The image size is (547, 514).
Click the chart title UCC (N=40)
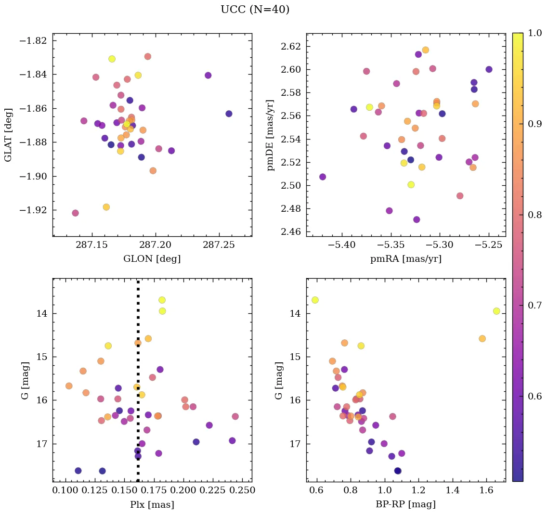pos(255,10)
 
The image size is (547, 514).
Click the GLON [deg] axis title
pos(152,259)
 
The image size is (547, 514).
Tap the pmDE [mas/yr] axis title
pos(271,135)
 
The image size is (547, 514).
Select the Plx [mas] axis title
pos(152,504)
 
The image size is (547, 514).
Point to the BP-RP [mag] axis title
pos(405,504)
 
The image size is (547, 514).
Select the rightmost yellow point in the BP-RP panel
pos(496,311)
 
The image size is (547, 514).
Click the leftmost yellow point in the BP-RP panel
pos(315,300)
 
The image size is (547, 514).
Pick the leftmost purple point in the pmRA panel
pos(323,177)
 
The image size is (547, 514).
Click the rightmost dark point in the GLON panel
pos(229,114)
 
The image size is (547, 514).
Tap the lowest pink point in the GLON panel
pos(75,213)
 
